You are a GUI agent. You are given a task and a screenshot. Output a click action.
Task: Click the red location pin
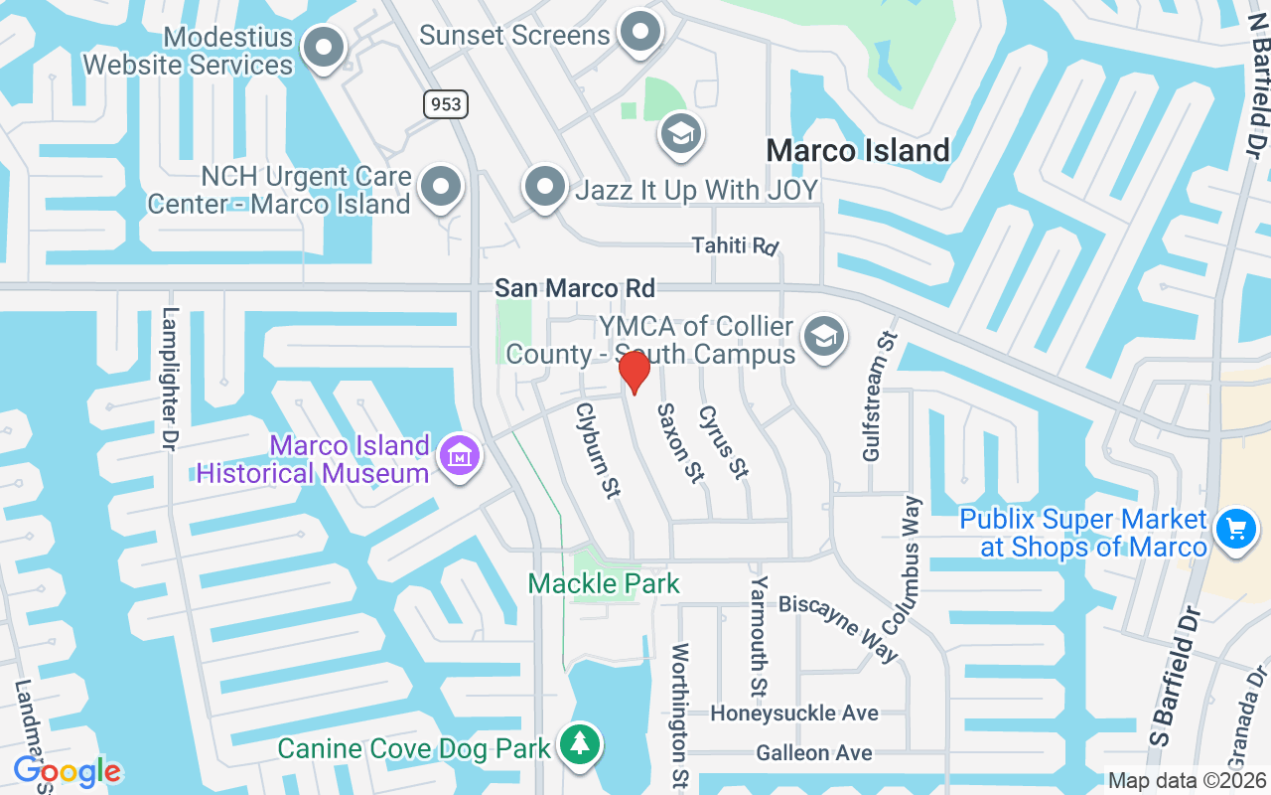[x=635, y=371]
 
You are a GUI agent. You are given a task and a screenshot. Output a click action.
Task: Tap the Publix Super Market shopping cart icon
[x=1235, y=528]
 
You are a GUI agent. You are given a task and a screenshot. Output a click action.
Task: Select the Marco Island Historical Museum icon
[x=462, y=456]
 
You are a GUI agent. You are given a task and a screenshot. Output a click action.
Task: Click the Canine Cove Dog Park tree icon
[x=580, y=742]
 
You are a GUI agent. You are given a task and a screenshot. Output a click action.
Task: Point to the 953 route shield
[x=445, y=103]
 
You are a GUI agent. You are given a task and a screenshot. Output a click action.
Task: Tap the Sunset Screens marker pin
[x=640, y=32]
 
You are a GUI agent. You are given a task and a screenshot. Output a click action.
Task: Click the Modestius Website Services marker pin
[x=323, y=47]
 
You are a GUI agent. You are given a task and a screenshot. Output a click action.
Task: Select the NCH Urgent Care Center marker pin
[x=441, y=186]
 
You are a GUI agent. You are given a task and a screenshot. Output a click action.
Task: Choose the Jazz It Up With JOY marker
[x=544, y=186]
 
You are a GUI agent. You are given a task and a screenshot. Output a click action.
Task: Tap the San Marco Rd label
[x=575, y=288]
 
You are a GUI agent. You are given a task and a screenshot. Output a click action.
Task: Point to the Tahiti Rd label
[x=735, y=245]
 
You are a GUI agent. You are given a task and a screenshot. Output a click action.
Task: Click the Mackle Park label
[x=604, y=583]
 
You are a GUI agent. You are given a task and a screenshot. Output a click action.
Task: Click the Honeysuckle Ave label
[x=794, y=714]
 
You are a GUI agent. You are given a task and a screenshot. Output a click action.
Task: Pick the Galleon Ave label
[x=814, y=753]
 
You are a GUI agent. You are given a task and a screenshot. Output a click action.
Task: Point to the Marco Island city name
[x=858, y=151]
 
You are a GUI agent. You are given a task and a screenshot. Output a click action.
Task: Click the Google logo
[x=68, y=770]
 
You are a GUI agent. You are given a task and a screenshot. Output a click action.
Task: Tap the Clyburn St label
[x=599, y=449]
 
